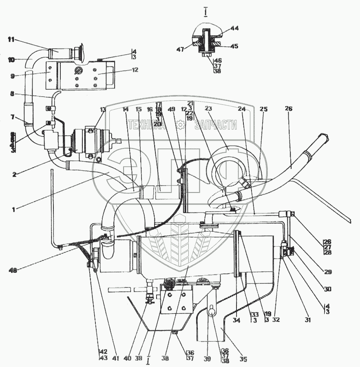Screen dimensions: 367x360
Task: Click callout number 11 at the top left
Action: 11,40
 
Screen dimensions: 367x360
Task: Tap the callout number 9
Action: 13,75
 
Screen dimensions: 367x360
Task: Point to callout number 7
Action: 12,117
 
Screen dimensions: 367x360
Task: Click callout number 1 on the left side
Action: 13,210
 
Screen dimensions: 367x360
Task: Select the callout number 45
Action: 234,46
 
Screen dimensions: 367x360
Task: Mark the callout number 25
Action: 264,109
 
